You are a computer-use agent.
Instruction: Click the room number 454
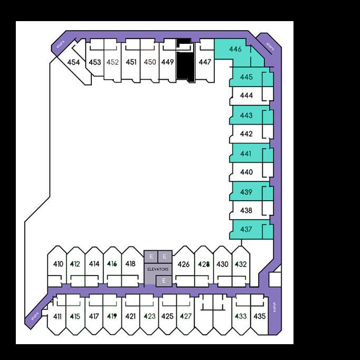click(x=74, y=62)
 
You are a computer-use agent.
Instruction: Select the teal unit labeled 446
click(x=235, y=50)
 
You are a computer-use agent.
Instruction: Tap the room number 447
click(x=205, y=62)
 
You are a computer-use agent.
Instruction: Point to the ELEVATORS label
click(x=158, y=269)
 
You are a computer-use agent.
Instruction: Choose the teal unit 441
click(x=247, y=153)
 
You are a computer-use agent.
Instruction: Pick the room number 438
click(x=247, y=210)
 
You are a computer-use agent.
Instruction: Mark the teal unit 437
click(x=247, y=229)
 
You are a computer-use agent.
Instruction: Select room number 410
click(x=58, y=264)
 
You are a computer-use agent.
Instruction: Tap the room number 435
click(x=259, y=317)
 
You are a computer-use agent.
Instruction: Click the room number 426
click(x=183, y=264)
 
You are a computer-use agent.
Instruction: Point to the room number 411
click(x=58, y=317)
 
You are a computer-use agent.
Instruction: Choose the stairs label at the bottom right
click(x=274, y=307)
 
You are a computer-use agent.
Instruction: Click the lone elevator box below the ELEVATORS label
click(x=164, y=280)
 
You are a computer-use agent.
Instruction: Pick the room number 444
click(x=247, y=96)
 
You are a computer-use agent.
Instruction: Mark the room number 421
click(x=131, y=317)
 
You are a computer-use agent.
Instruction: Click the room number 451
click(x=131, y=62)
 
